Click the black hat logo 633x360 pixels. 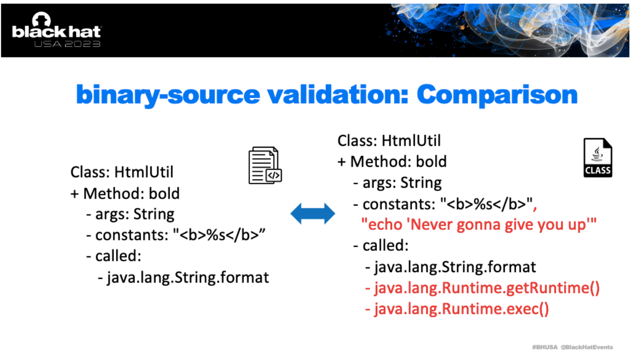tap(57, 29)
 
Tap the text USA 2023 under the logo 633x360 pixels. tap(67, 44)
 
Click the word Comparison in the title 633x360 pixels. tap(497, 95)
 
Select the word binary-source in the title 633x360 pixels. tap(168, 95)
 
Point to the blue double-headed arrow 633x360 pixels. tap(313, 213)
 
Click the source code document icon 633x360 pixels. tap(265, 165)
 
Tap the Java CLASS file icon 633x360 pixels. tap(598, 158)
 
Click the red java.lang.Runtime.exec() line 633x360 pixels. tap(457, 309)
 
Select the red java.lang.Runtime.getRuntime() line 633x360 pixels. tap(482, 288)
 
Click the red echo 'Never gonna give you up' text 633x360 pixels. tap(479, 225)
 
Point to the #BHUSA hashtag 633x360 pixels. tap(545, 347)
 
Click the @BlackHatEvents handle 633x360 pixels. tap(586, 347)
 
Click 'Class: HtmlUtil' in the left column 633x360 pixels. tap(122, 172)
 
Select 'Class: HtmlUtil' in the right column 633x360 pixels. tap(389, 141)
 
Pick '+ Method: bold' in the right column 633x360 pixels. tap(392, 161)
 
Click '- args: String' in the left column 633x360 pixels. tap(130, 214)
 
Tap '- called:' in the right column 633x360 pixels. tap(381, 246)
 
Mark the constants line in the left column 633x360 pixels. tap(175, 235)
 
